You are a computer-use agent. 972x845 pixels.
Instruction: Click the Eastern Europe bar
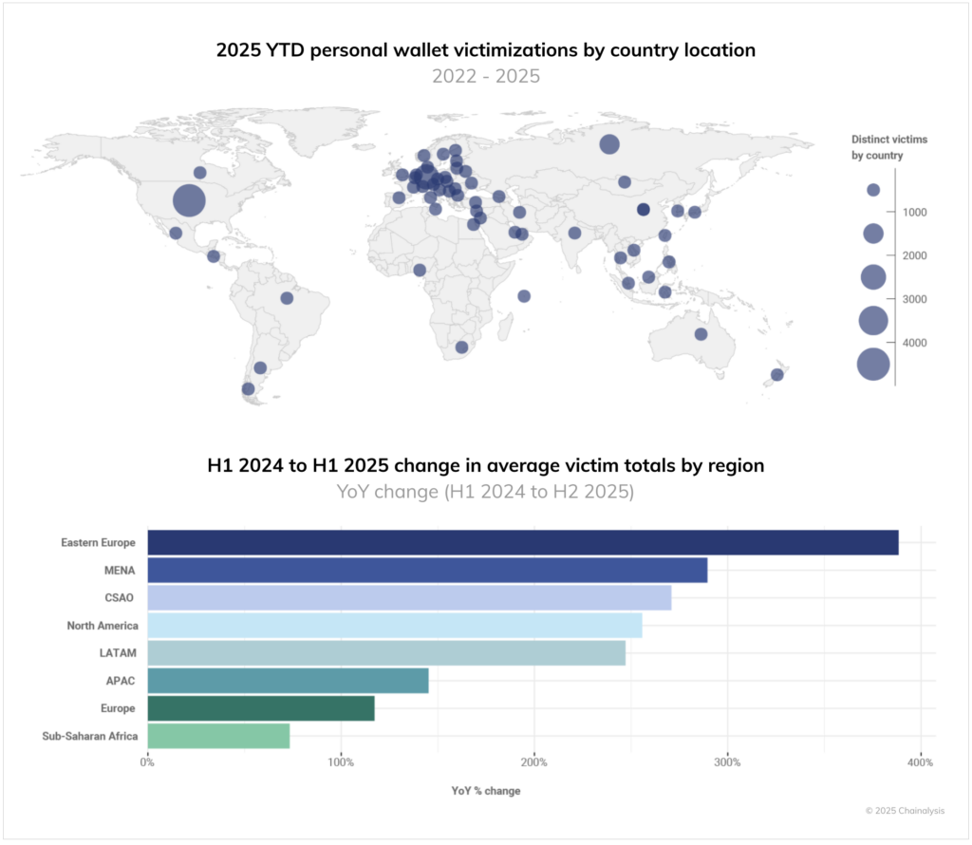click(x=522, y=543)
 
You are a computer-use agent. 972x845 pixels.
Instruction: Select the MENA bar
click(x=427, y=571)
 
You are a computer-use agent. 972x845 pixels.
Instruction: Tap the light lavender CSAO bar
click(x=409, y=598)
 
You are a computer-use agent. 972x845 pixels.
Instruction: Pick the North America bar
click(x=395, y=626)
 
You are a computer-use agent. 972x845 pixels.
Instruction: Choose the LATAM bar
click(x=386, y=653)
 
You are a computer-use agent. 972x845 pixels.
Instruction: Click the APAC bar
click(x=288, y=681)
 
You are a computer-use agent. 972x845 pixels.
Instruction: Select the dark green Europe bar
click(x=261, y=708)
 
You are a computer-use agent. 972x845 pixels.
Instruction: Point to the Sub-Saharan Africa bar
click(x=218, y=736)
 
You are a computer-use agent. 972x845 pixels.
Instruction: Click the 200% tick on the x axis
click(x=533, y=762)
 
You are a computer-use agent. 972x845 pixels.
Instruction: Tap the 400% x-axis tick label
click(x=920, y=762)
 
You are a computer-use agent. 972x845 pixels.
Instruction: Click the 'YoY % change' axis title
click(x=485, y=791)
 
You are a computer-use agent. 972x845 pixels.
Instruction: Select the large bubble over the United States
click(x=190, y=200)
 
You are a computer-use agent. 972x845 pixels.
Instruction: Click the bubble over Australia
click(x=701, y=334)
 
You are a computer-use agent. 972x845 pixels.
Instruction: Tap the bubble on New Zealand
click(x=776, y=374)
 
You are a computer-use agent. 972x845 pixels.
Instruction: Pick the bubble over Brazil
click(x=287, y=298)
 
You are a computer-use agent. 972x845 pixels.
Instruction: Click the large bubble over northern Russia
click(x=609, y=144)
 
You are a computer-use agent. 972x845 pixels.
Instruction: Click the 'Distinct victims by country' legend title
click(x=888, y=147)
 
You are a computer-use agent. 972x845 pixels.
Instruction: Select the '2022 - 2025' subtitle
click(x=486, y=76)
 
